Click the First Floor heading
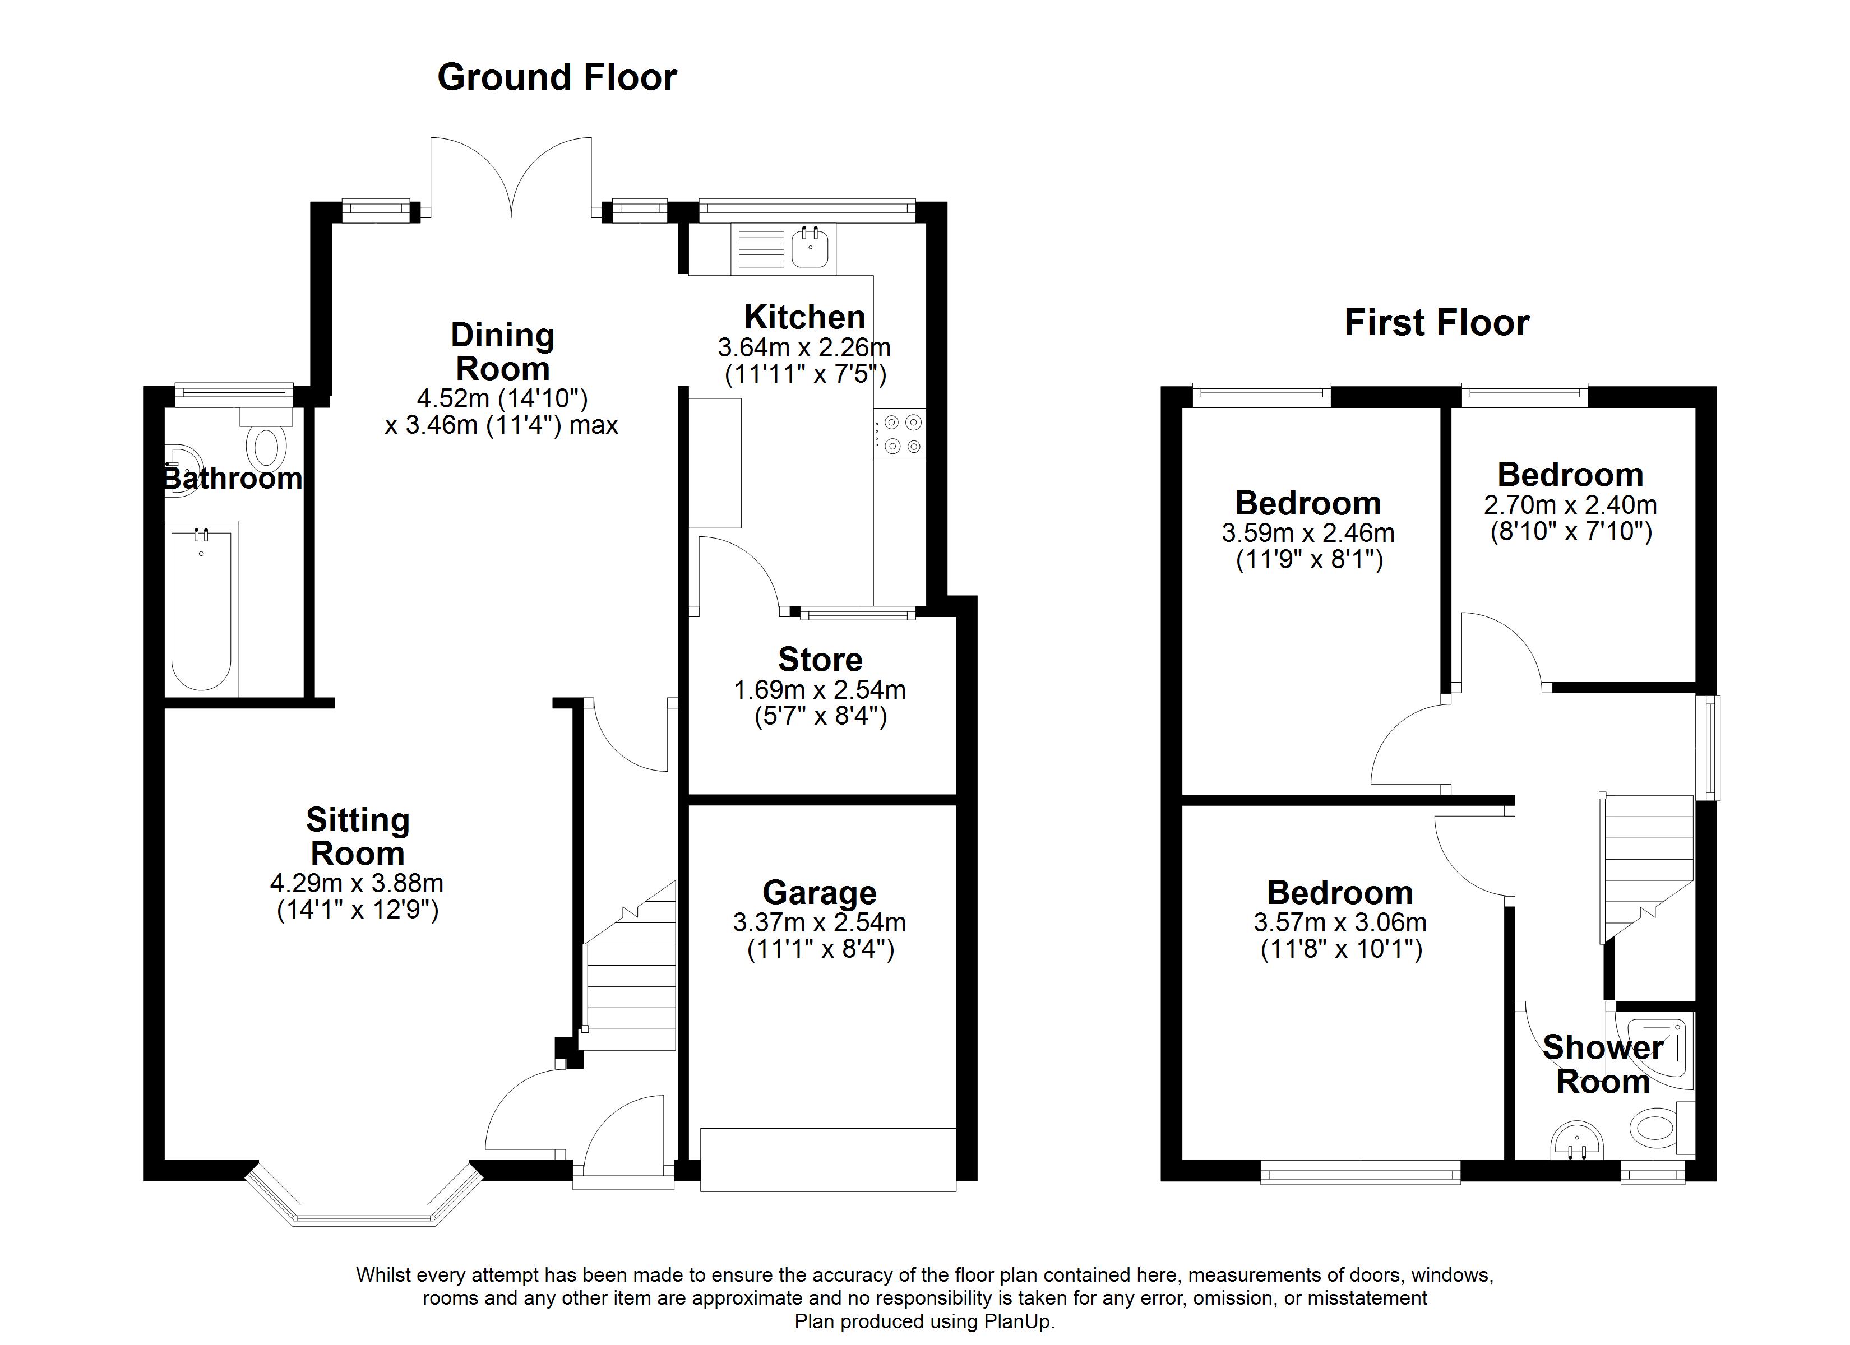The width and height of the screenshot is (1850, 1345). pos(1436,322)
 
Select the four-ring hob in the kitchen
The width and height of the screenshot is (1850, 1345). pos(900,434)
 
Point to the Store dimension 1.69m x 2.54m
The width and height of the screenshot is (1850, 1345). pos(819,690)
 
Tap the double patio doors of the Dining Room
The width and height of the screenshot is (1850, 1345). pos(511,179)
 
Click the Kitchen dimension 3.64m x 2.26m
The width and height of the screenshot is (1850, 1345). pos(803,348)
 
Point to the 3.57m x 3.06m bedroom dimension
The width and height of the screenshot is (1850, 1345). pos(1339,922)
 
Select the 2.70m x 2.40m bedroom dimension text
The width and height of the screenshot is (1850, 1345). pos(1569,505)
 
